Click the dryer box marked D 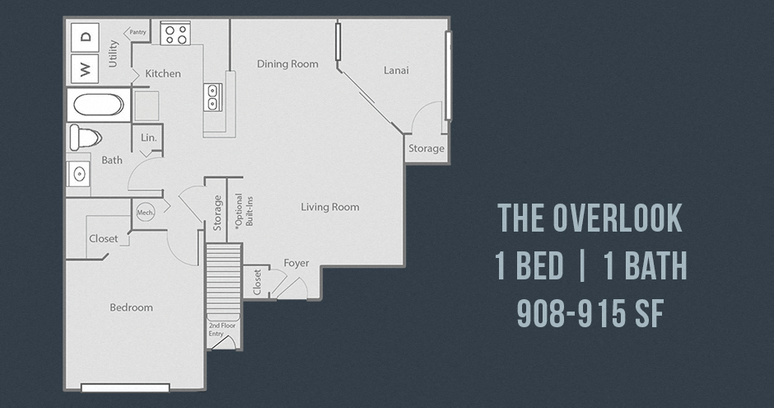pyautogui.click(x=85, y=37)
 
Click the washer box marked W pyautogui.click(x=85, y=68)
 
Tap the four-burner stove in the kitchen pyautogui.click(x=175, y=33)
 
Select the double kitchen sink pyautogui.click(x=212, y=96)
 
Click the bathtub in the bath pyautogui.click(x=99, y=105)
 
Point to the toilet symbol pyautogui.click(x=86, y=138)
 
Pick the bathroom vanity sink pyautogui.click(x=78, y=174)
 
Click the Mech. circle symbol pyautogui.click(x=145, y=213)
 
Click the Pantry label pyautogui.click(x=138, y=32)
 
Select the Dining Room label pyautogui.click(x=287, y=63)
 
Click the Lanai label pyautogui.click(x=396, y=70)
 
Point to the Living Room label pyautogui.click(x=330, y=207)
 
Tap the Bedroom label pyautogui.click(x=131, y=307)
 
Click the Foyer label pyautogui.click(x=296, y=263)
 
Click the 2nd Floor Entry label pyautogui.click(x=221, y=330)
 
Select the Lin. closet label pyautogui.click(x=148, y=138)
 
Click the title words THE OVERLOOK pyautogui.click(x=590, y=218)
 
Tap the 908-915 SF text pyautogui.click(x=590, y=314)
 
